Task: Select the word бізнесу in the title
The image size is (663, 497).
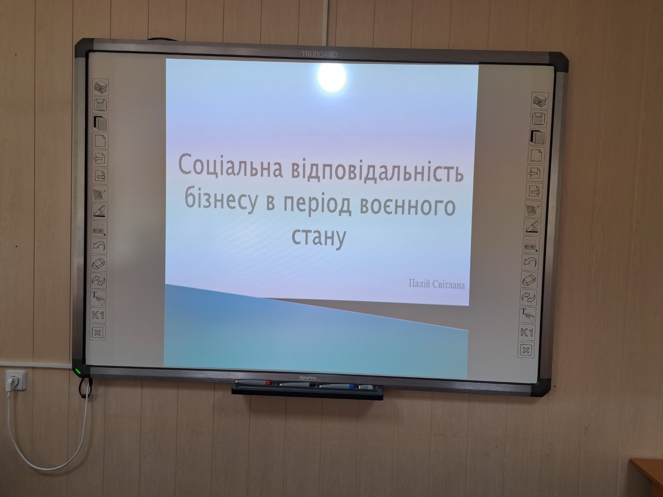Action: (221, 200)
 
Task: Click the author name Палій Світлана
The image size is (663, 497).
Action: (437, 284)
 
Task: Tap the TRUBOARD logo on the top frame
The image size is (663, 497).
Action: (319, 54)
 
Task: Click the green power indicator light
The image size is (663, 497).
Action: (78, 371)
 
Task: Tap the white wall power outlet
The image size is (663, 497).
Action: (15, 381)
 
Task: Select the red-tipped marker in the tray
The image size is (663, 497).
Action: (253, 383)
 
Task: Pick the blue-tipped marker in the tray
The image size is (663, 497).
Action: (337, 386)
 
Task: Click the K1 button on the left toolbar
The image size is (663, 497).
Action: (98, 316)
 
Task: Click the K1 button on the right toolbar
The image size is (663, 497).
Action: (527, 333)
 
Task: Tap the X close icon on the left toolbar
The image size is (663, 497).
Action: (98, 333)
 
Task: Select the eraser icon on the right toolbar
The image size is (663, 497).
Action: (529, 280)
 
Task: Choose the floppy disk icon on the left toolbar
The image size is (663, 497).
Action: (100, 105)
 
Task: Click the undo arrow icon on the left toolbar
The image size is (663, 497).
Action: (99, 246)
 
